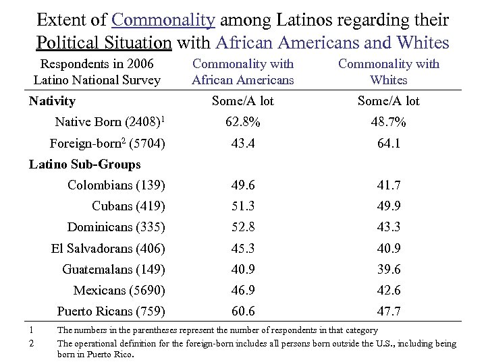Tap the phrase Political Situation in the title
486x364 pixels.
(104, 42)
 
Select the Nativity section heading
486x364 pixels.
(53, 101)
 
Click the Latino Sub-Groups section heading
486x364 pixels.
(85, 164)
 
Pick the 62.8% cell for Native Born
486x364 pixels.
(243, 122)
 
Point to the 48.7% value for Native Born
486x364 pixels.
(389, 122)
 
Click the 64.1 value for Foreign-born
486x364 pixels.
(389, 144)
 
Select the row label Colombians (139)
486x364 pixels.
(117, 185)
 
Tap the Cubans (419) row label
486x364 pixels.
(129, 206)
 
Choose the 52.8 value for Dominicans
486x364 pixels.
(243, 227)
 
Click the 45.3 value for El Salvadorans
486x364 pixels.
(243, 249)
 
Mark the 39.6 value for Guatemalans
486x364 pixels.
(389, 270)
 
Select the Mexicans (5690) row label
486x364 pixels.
(119, 291)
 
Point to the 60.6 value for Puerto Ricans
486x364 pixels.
(243, 311)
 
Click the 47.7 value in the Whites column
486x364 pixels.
(389, 311)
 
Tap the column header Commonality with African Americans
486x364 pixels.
(243, 71)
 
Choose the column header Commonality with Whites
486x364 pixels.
(389, 71)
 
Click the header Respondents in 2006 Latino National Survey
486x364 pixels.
(97, 71)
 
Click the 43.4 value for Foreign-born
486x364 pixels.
(243, 144)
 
